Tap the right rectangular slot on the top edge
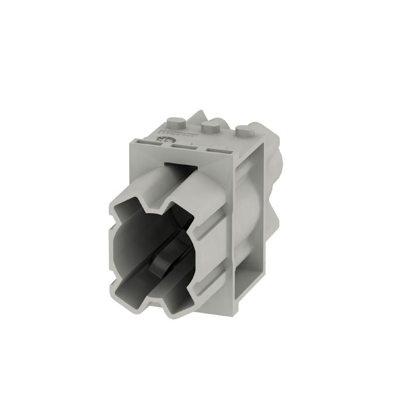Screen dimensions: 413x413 (217, 151)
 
